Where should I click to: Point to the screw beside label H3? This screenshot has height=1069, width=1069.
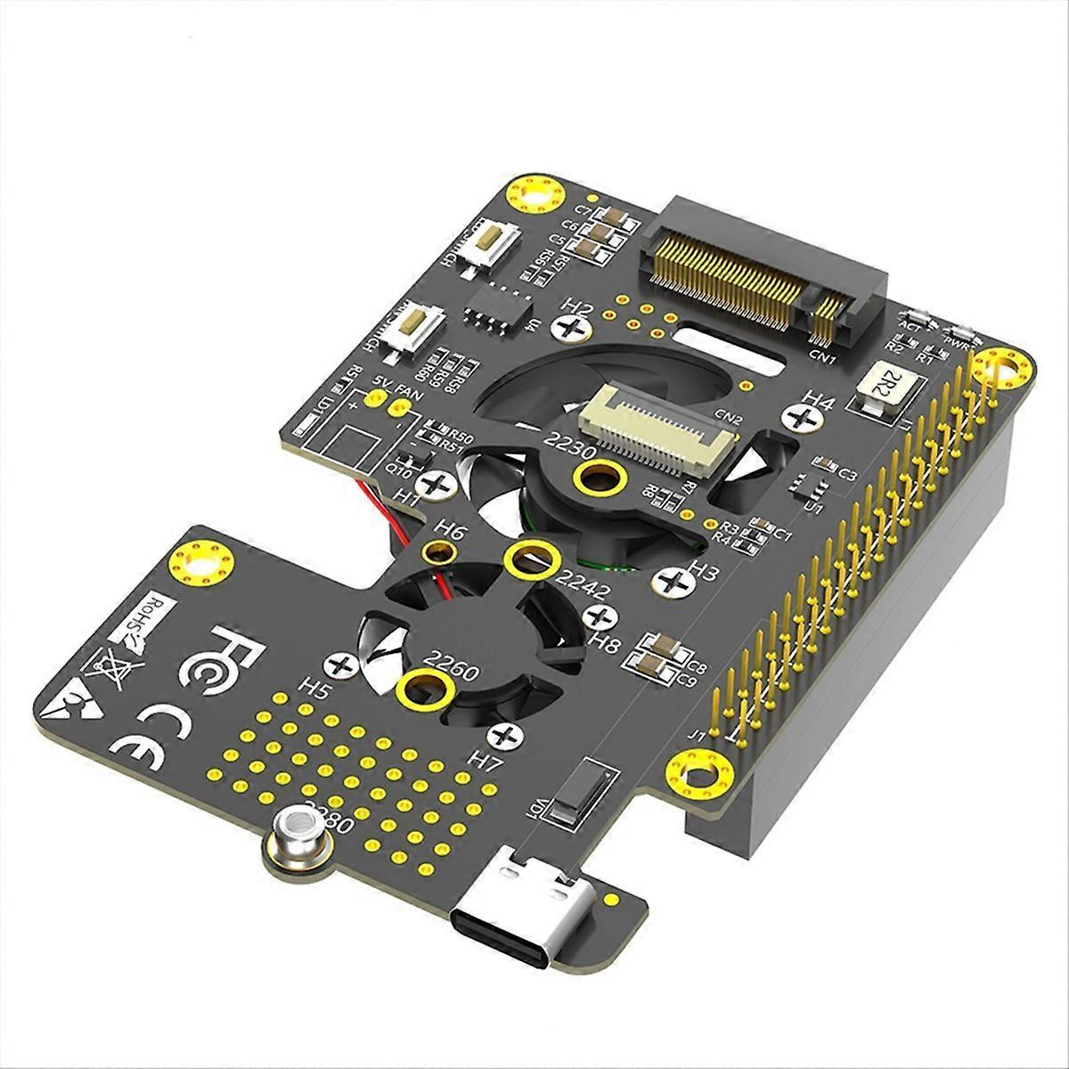coord(673,582)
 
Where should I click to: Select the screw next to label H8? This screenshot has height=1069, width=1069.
coord(605,616)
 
